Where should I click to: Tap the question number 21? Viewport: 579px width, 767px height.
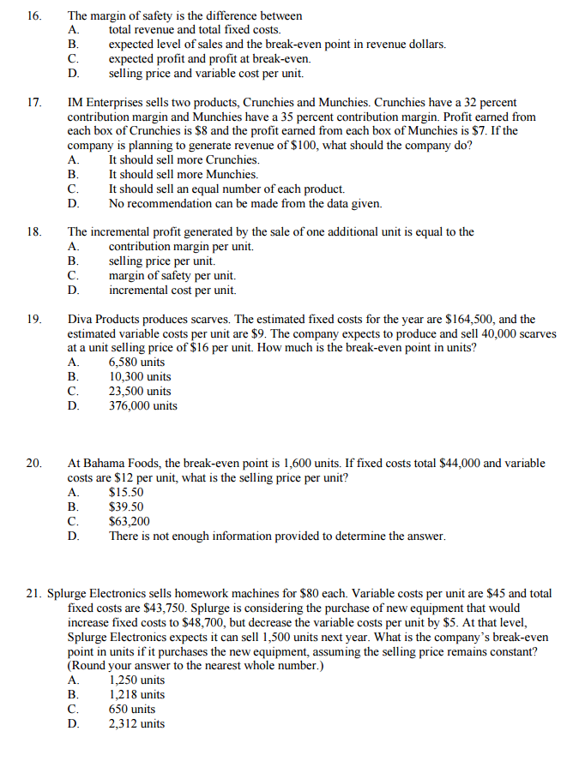click(34, 593)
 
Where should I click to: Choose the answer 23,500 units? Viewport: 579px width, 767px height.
click(139, 391)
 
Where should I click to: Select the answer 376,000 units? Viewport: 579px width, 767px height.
click(142, 405)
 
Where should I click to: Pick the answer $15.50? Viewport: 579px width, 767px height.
click(126, 493)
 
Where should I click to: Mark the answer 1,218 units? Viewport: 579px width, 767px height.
click(136, 695)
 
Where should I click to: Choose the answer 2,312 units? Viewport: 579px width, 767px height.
click(136, 724)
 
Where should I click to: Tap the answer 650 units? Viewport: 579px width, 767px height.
click(132, 710)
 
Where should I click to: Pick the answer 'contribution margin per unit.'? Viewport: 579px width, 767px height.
click(181, 247)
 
